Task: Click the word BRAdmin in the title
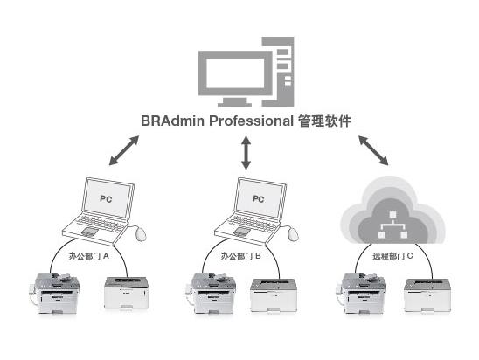(x=172, y=121)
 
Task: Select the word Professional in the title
(x=251, y=121)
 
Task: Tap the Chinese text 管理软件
(x=324, y=121)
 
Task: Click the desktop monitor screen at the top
(x=235, y=73)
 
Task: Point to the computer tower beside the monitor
(x=278, y=72)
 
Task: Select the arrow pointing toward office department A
(x=124, y=150)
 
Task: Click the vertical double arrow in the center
(x=246, y=153)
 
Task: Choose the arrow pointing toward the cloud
(x=373, y=150)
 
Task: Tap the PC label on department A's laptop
(x=106, y=199)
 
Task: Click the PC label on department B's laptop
(x=259, y=199)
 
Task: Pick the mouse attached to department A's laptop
(x=141, y=234)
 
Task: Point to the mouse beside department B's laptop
(x=293, y=234)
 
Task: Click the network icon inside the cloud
(x=392, y=225)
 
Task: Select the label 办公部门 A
(x=88, y=256)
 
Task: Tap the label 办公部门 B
(x=241, y=256)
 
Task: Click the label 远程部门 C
(x=392, y=256)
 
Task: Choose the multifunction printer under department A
(x=55, y=293)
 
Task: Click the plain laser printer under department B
(x=274, y=295)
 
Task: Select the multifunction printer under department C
(x=361, y=293)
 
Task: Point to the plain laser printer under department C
(x=427, y=295)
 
